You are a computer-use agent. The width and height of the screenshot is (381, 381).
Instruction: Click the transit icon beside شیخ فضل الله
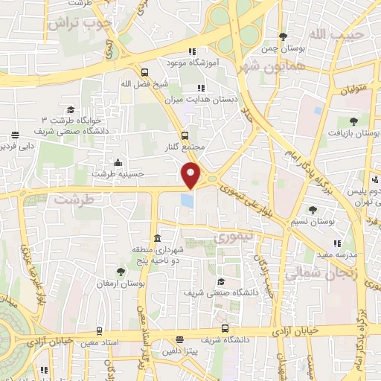tap(144, 72)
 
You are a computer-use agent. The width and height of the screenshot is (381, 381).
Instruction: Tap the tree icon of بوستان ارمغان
tap(121, 272)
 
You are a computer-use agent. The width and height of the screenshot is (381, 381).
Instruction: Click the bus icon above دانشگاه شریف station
tap(225, 328)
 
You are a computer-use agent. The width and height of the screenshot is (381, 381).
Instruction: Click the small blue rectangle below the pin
tap(188, 200)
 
